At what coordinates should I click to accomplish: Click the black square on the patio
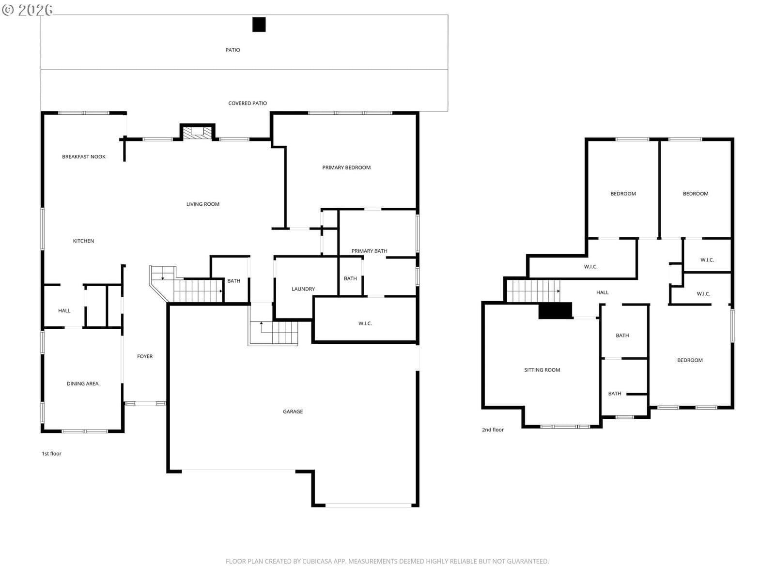[x=259, y=25]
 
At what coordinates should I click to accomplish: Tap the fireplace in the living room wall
[x=197, y=132]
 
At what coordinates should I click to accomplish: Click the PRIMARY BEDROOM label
[x=346, y=168]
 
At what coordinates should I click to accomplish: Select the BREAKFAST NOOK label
[x=84, y=156]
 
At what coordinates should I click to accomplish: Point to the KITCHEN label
[x=83, y=241]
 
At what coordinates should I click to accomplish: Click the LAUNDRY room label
[x=303, y=289]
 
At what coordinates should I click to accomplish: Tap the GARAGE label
[x=293, y=412]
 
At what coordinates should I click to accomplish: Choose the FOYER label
[x=145, y=356]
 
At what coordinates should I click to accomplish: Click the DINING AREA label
[x=83, y=383]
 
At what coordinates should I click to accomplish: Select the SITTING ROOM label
[x=542, y=370]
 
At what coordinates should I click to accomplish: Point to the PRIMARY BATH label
[x=369, y=251]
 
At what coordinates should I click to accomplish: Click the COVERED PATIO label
[x=248, y=103]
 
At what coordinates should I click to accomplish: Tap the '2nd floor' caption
[x=493, y=429]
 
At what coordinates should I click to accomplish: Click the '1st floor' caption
[x=51, y=454]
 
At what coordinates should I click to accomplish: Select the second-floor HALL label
[x=603, y=292]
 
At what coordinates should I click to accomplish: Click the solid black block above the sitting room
[x=555, y=311]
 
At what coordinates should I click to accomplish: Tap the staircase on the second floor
[x=533, y=291]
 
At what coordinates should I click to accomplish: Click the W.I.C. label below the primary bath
[x=365, y=323]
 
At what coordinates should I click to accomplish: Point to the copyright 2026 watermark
[x=27, y=10]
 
